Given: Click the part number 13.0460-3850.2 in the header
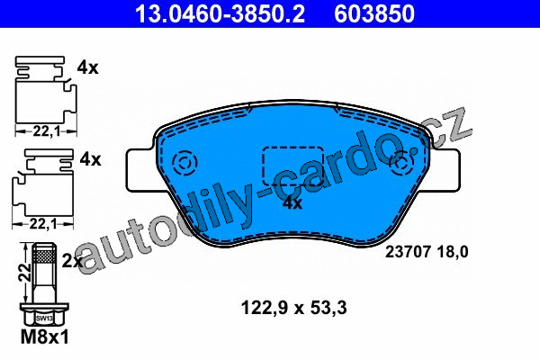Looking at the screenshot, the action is click(x=220, y=13).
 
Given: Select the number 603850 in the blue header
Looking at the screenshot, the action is click(x=374, y=13).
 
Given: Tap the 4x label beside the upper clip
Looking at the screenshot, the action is click(x=87, y=67).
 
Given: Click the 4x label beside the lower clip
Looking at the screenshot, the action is click(x=90, y=159).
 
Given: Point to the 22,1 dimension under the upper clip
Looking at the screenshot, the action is click(x=47, y=131).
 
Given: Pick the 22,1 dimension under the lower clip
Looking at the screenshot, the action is click(x=42, y=225).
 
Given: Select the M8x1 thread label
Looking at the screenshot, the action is click(x=44, y=337).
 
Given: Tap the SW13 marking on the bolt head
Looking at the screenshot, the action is click(x=44, y=319).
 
